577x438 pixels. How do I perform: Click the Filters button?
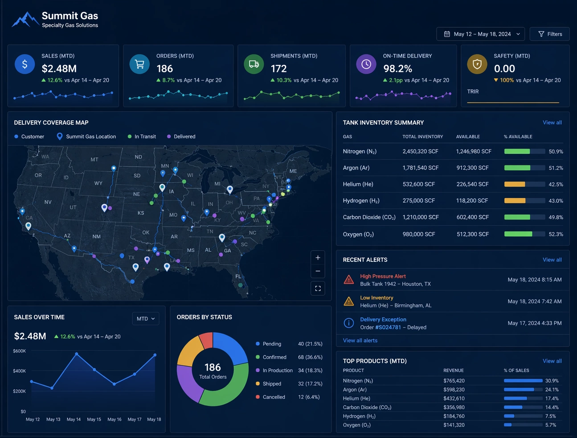(549, 34)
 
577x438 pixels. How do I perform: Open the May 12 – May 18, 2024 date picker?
(480, 34)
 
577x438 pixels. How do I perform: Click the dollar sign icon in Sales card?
(25, 64)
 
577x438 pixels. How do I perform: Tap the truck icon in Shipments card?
(254, 64)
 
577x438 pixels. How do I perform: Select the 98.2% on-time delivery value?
(397, 69)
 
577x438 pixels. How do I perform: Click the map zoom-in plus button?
(318, 258)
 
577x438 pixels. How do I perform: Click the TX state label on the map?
(131, 257)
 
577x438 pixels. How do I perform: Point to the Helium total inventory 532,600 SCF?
(418, 184)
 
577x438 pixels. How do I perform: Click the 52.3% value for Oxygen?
(556, 234)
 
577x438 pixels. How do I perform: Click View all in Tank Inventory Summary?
(552, 123)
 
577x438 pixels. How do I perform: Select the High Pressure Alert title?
(383, 277)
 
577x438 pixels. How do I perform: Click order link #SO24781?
(388, 327)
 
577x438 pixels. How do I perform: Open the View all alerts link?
(360, 341)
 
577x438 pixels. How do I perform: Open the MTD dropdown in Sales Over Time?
(146, 319)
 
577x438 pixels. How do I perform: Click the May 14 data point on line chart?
(77, 354)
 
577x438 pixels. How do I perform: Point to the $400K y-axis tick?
(20, 371)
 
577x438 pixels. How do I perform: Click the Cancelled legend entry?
(274, 397)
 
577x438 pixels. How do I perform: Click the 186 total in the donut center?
(213, 367)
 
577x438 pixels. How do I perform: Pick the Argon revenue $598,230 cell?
(454, 390)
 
